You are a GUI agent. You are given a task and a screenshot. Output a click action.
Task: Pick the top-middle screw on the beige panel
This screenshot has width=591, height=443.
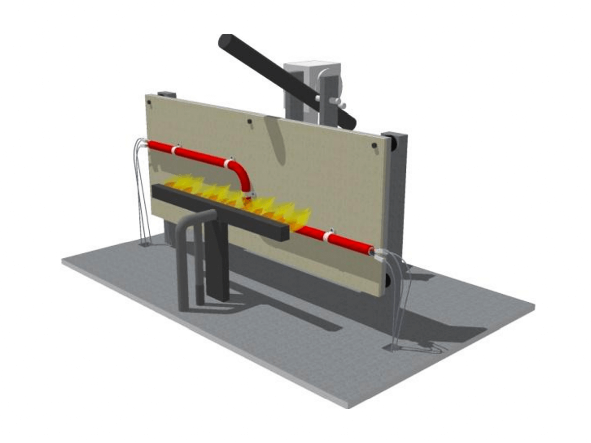pyautogui.click(x=250, y=122)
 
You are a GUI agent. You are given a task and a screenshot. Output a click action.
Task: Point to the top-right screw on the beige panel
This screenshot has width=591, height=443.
pyautogui.click(x=374, y=146)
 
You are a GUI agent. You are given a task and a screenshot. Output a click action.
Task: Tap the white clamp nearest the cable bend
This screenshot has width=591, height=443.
pyautogui.click(x=228, y=163)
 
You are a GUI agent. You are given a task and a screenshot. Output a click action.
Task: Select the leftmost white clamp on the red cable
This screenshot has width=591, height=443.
pyautogui.click(x=175, y=150)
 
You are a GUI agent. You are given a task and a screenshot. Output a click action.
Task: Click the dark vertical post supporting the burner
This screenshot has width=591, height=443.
pyautogui.click(x=217, y=266)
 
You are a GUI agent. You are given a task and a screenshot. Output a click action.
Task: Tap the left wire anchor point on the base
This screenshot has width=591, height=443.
pyautogui.click(x=146, y=243)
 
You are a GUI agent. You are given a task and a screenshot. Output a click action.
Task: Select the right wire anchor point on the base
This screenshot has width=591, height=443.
pyautogui.click(x=394, y=348)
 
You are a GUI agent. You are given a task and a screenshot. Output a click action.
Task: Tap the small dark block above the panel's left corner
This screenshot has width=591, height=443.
pyautogui.click(x=167, y=94)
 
